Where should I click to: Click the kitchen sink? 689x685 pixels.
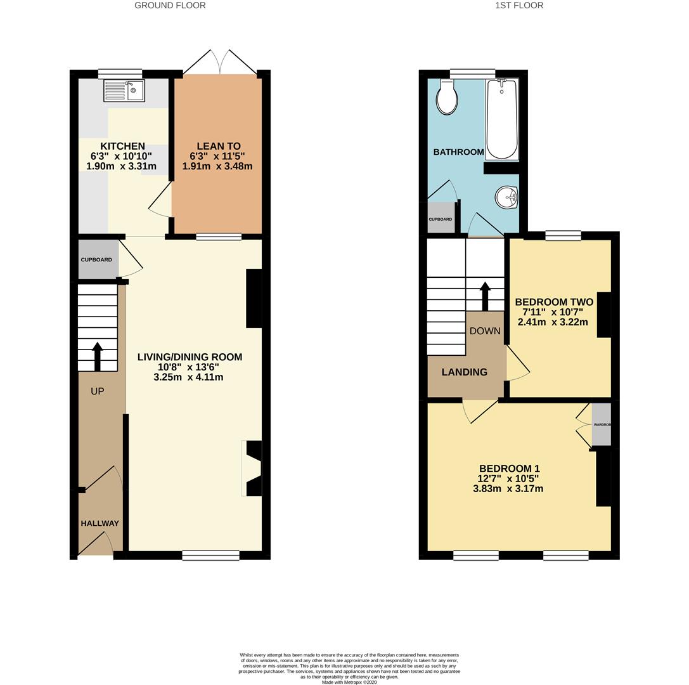click(124, 91)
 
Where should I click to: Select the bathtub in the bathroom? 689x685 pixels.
click(502, 119)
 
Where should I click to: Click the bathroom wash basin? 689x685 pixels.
click(508, 197)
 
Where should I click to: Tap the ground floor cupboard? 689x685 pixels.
click(97, 259)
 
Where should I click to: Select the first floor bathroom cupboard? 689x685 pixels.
click(441, 218)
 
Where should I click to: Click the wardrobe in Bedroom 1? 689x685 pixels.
click(602, 424)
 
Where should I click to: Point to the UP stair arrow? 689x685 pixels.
click(98, 356)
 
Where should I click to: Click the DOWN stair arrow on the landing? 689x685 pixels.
click(485, 296)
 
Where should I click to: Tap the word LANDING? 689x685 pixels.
click(465, 372)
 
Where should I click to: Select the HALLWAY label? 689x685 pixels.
click(100, 523)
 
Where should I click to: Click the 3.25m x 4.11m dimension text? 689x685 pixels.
click(188, 377)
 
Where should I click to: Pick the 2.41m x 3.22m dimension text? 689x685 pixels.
click(553, 322)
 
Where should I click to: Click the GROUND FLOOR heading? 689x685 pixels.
click(170, 5)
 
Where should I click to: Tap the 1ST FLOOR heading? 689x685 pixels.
click(519, 5)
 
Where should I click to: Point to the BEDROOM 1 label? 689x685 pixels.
click(509, 469)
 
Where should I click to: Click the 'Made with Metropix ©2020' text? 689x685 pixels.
click(349, 682)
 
